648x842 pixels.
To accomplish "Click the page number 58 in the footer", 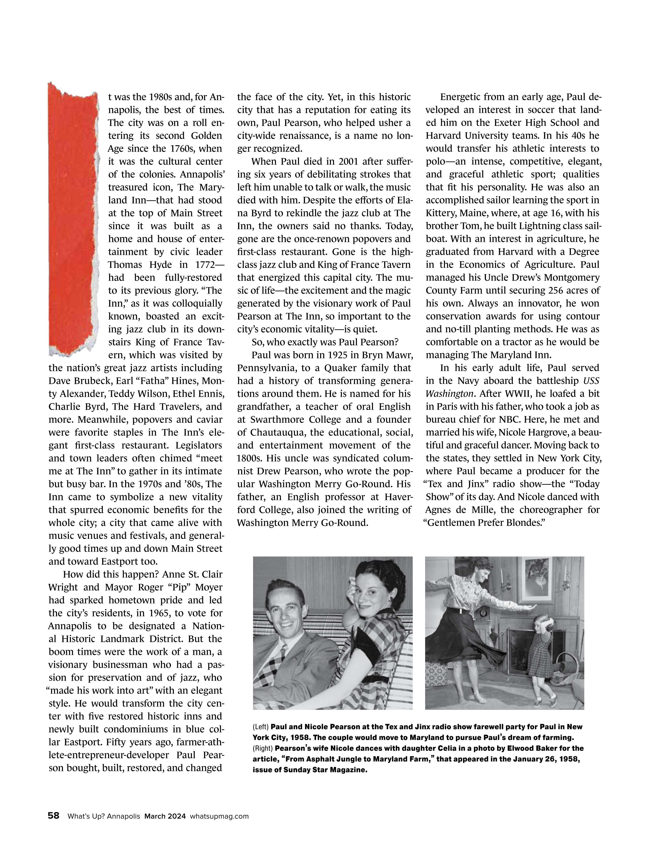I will pos(54,816).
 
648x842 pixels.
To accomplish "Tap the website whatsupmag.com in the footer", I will pos(219,816).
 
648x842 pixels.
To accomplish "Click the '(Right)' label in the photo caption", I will pos(263,748).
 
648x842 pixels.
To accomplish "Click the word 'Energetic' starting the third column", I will pos(460,97).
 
